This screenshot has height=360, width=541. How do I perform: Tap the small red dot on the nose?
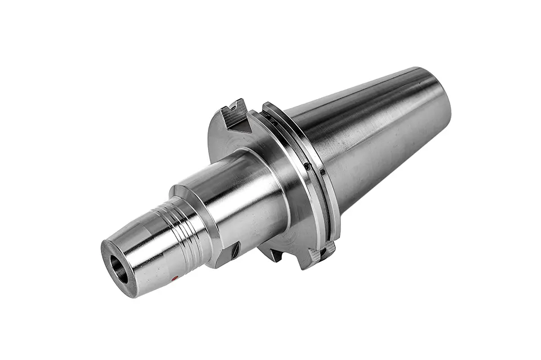tap(175, 278)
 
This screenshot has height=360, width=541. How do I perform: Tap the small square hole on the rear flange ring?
tap(322, 172)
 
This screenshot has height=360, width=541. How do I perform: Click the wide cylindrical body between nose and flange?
tap(237, 203)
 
